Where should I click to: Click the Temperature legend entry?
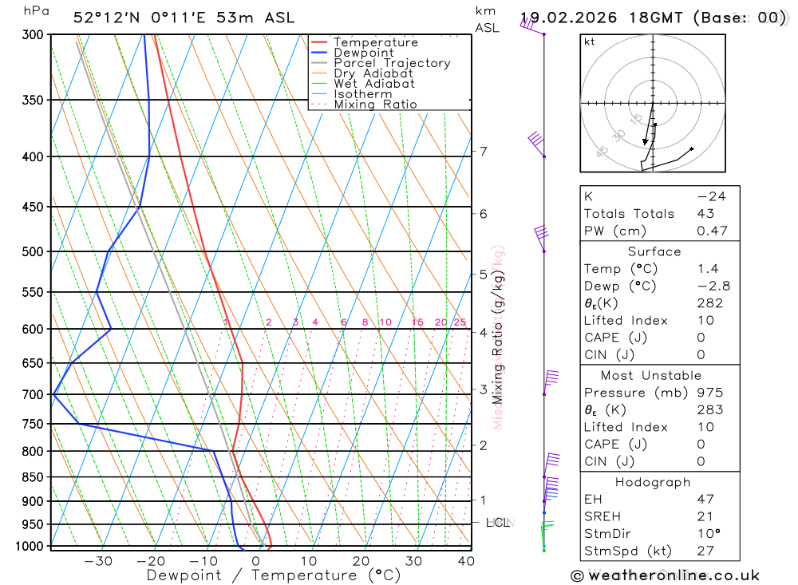pyautogui.click(x=375, y=42)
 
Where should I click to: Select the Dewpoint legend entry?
pyautogui.click(x=363, y=53)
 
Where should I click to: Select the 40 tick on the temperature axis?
pyautogui.click(x=465, y=561)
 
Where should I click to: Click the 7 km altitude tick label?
pyautogui.click(x=483, y=151)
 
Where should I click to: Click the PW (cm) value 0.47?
pyautogui.click(x=712, y=231)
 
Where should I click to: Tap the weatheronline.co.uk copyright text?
pyautogui.click(x=666, y=575)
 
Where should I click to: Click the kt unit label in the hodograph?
pyautogui.click(x=589, y=42)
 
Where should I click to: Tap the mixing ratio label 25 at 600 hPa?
pyautogui.click(x=460, y=322)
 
